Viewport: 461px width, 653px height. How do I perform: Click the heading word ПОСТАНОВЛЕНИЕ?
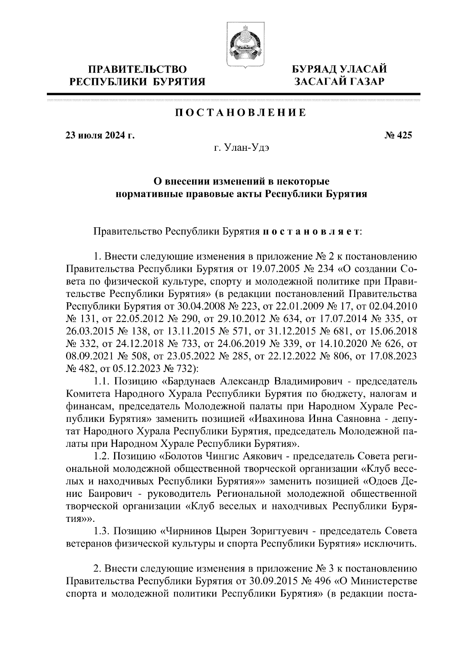click(241, 113)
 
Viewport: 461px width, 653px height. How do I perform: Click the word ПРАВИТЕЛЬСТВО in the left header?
click(138, 70)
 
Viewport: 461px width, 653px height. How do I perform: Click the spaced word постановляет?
click(310, 232)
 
